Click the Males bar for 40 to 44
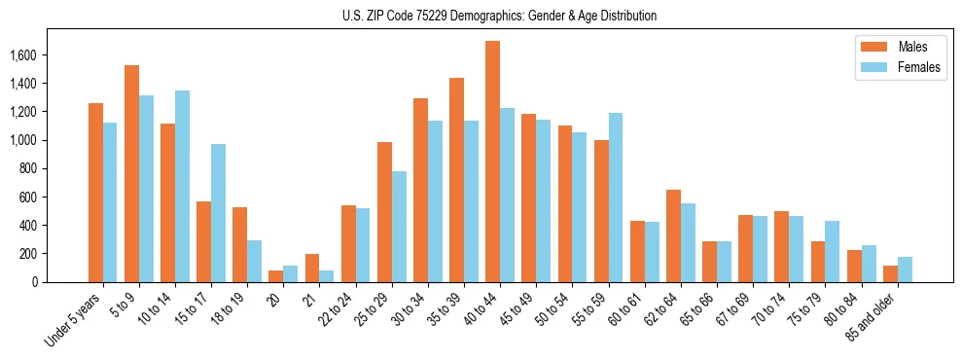(493, 162)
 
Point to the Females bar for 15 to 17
(219, 213)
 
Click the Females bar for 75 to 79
(833, 252)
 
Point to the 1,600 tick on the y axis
(39, 55)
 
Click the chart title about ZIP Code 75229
(499, 16)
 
